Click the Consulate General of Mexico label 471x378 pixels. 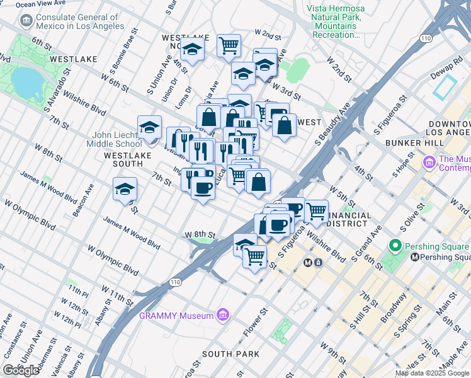pos(79,21)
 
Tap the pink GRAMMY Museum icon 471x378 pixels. pos(221,315)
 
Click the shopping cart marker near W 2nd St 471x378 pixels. pos(229,45)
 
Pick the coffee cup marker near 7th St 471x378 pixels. pos(202,188)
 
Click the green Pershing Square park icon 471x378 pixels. pos(395,245)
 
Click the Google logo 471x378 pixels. pos(21,370)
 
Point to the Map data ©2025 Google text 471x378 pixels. pos(432,373)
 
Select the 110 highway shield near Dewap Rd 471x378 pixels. pos(426,39)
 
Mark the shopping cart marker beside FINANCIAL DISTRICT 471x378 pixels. pos(317,210)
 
